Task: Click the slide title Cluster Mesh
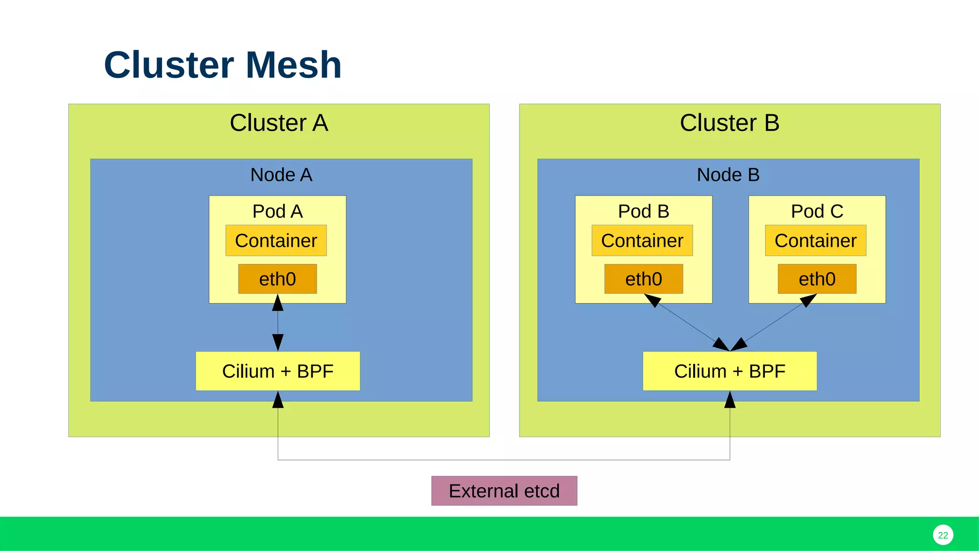tap(223, 65)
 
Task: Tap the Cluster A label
tap(279, 123)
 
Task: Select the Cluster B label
tap(729, 123)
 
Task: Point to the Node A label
tap(281, 175)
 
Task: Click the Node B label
tap(728, 175)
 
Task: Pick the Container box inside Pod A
tap(276, 241)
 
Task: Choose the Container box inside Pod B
tap(642, 241)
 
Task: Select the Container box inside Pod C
tap(816, 241)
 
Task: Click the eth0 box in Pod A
tap(277, 279)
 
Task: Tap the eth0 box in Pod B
tap(643, 279)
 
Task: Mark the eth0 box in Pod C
tap(817, 279)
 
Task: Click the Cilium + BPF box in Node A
tap(278, 371)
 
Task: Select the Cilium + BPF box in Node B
tap(729, 371)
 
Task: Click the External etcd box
tap(504, 491)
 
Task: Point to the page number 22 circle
tap(943, 535)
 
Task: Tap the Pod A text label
tap(277, 211)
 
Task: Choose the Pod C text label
tap(817, 211)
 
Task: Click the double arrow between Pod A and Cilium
tap(278, 323)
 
